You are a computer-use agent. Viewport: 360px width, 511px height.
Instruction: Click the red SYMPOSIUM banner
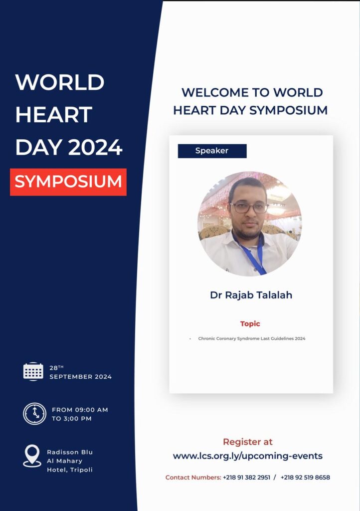point(68,182)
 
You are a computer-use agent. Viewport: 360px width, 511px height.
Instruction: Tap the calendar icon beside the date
point(33,371)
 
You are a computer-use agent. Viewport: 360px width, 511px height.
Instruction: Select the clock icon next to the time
point(34,414)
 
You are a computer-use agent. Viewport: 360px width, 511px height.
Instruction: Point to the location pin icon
point(32,456)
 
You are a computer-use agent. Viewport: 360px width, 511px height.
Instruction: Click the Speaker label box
point(212,151)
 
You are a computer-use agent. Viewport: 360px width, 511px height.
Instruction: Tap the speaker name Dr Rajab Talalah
point(251,295)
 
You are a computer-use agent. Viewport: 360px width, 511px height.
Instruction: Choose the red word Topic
point(250,323)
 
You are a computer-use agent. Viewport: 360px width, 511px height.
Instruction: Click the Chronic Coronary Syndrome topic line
point(252,339)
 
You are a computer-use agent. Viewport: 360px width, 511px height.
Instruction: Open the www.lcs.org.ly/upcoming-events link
point(248,456)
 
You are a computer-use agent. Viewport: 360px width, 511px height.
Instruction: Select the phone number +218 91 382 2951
point(246,478)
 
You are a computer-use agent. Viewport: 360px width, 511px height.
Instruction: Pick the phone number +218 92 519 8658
point(305,478)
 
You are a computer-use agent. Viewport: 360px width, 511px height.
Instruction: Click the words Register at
point(248,442)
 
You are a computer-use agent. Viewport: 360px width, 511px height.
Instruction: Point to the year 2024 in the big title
point(95,147)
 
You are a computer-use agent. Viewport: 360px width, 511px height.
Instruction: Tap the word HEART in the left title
point(54,115)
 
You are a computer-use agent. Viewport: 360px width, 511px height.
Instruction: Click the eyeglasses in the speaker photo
point(249,208)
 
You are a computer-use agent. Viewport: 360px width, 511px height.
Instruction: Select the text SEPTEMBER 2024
point(80,377)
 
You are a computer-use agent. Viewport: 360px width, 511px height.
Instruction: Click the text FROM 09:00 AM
point(80,410)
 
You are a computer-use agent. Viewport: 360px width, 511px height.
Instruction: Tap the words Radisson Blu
point(70,452)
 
